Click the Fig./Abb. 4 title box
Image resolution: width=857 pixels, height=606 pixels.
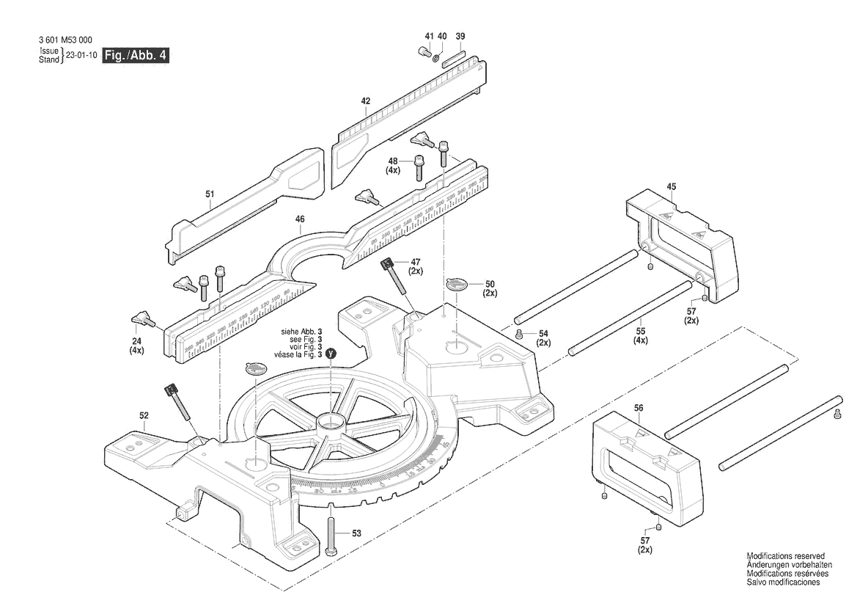coord(136,56)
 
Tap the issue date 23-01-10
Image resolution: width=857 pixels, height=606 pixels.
coord(81,56)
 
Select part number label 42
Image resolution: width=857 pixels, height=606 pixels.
coord(366,101)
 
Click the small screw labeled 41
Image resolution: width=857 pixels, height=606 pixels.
coord(424,52)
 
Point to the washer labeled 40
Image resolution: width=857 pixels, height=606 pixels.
coord(435,58)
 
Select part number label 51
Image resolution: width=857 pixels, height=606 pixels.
coord(210,194)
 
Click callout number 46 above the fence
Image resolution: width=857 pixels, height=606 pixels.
coord(300,219)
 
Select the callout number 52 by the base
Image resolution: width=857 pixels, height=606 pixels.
coord(144,415)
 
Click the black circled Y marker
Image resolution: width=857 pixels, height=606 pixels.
coord(331,354)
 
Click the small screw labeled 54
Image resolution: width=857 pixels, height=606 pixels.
coord(519,334)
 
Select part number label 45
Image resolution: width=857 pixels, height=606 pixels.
coord(671,186)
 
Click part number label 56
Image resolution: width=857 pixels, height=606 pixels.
coord(639,407)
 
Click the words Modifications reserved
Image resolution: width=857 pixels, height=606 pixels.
coord(785,556)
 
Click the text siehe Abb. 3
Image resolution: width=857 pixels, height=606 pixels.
coord(302,332)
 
